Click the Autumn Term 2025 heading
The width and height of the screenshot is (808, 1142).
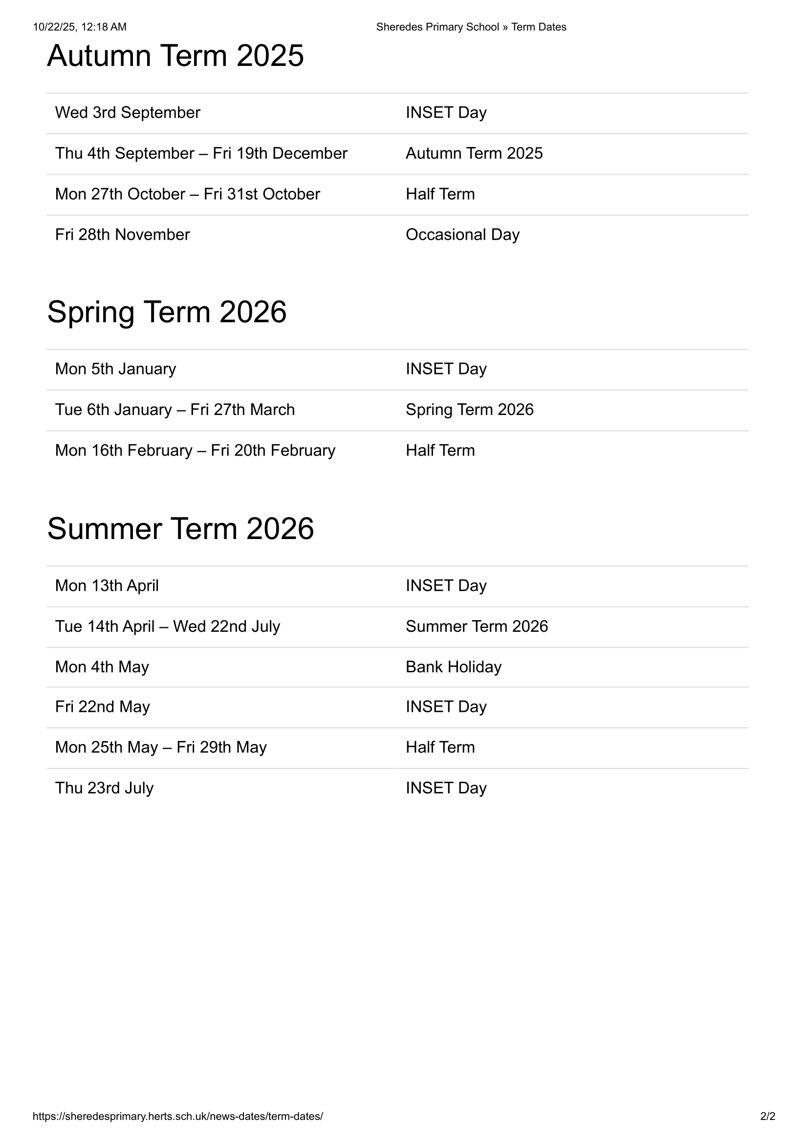pyautogui.click(x=175, y=55)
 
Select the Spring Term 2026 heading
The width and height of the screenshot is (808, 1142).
pyautogui.click(x=167, y=312)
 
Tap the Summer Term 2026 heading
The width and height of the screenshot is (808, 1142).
pyautogui.click(x=180, y=528)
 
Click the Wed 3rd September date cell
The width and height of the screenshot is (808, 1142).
pyautogui.click(x=128, y=113)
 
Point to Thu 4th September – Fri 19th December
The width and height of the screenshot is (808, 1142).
pyautogui.click(x=201, y=154)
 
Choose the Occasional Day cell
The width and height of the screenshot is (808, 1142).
pyautogui.click(x=462, y=235)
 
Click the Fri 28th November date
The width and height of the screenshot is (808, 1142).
pyautogui.click(x=123, y=235)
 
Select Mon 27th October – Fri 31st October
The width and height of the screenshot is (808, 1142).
pyautogui.click(x=187, y=194)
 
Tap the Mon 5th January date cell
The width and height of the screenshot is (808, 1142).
pyautogui.click(x=115, y=369)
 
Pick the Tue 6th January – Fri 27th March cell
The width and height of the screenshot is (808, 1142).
pyautogui.click(x=175, y=410)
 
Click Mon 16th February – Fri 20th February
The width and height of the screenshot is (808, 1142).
pyautogui.click(x=195, y=451)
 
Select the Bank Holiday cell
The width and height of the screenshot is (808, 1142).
pyautogui.click(x=454, y=667)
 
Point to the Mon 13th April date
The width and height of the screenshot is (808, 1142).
pyautogui.click(x=107, y=586)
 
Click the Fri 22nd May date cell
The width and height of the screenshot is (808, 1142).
pyautogui.click(x=103, y=707)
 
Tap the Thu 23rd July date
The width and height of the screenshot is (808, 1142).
pyautogui.click(x=104, y=788)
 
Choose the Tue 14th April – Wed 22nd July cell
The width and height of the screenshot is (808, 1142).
pyautogui.click(x=167, y=627)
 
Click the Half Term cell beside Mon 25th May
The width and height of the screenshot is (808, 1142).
pyautogui.click(x=440, y=747)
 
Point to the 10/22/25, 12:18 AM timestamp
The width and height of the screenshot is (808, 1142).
pyautogui.click(x=80, y=27)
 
